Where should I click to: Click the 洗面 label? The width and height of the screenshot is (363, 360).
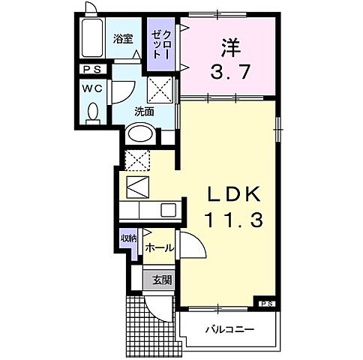[145, 111]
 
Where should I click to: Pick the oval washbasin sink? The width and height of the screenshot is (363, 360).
[141, 134]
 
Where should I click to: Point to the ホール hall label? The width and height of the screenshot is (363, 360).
[159, 247]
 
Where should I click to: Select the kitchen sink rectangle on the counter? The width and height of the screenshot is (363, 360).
[166, 209]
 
